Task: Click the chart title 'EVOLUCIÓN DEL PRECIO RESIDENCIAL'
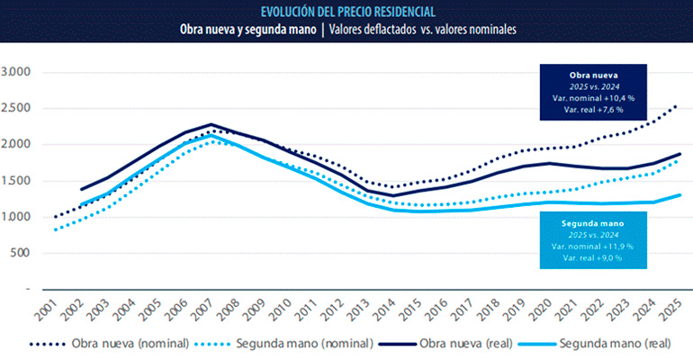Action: (347, 12)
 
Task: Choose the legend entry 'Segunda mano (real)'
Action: (614, 344)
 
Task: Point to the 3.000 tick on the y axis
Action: (17, 71)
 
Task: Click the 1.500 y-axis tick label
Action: (17, 181)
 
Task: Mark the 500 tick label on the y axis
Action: (22, 253)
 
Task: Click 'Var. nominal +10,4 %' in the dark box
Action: (594, 97)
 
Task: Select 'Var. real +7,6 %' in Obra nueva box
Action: (594, 109)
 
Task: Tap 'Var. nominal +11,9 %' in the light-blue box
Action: (594, 246)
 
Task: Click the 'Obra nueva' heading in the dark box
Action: (594, 74)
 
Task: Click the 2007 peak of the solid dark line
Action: (211, 124)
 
